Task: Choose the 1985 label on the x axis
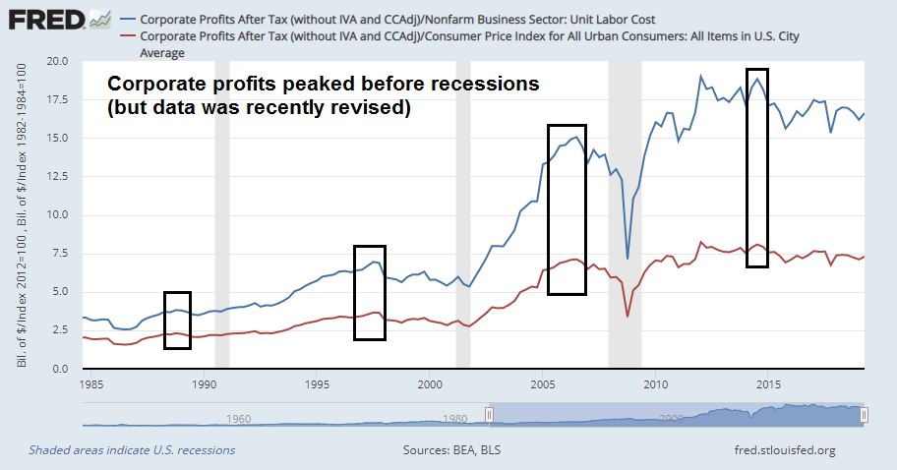92,384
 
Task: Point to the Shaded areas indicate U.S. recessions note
132,450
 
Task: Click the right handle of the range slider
864,416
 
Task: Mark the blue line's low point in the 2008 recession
628,260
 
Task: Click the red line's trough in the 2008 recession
628,317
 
